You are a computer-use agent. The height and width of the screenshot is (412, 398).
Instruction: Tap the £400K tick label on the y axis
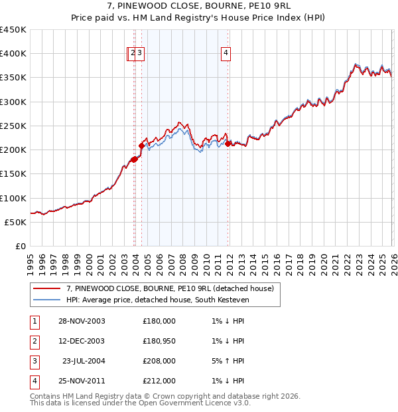click(x=13, y=54)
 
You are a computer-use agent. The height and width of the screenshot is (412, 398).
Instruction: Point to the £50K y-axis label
click(x=15, y=222)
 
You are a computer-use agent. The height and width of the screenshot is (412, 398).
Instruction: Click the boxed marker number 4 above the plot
click(x=226, y=54)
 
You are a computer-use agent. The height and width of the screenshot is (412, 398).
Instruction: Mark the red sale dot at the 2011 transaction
click(x=228, y=144)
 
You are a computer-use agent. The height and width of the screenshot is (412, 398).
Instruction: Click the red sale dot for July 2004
click(x=141, y=146)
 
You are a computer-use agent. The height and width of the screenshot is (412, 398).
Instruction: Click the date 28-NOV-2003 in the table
click(x=81, y=321)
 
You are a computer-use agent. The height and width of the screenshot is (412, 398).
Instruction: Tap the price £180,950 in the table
click(x=159, y=341)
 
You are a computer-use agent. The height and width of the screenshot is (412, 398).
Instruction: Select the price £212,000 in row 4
click(x=159, y=381)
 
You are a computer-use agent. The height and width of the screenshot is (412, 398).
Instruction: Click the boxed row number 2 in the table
click(x=34, y=341)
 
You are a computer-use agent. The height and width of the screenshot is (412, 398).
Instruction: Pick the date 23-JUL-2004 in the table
click(x=84, y=361)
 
